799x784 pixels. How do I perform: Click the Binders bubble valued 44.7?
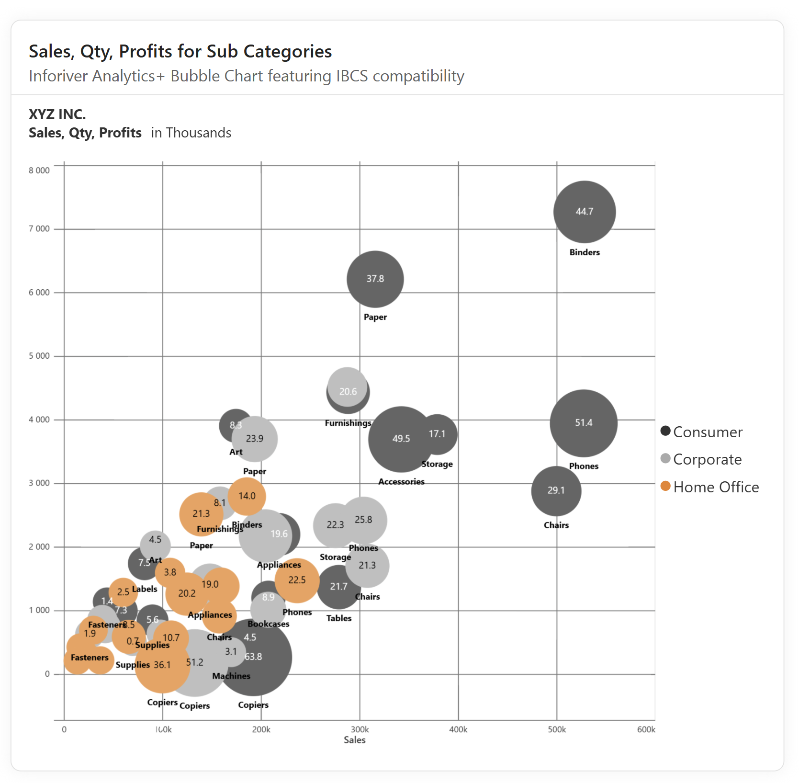584,212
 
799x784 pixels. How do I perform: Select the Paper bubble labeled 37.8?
375,279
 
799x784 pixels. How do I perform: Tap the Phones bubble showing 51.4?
583,423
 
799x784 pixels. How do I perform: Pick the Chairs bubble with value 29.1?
556,490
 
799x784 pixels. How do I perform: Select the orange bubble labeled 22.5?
297,580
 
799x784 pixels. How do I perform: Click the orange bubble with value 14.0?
247,496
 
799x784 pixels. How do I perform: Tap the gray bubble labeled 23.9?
255,439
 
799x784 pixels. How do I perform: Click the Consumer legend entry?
707,432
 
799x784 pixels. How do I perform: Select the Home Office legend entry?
715,487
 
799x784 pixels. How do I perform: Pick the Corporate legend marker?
665,458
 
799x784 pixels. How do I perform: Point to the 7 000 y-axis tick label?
39,229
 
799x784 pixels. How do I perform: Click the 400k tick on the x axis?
458,729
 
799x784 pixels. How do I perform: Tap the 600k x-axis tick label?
646,729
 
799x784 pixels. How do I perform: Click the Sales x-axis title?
354,740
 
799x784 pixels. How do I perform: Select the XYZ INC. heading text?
57,114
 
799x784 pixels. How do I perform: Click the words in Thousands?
191,133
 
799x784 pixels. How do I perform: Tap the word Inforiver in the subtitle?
57,76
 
